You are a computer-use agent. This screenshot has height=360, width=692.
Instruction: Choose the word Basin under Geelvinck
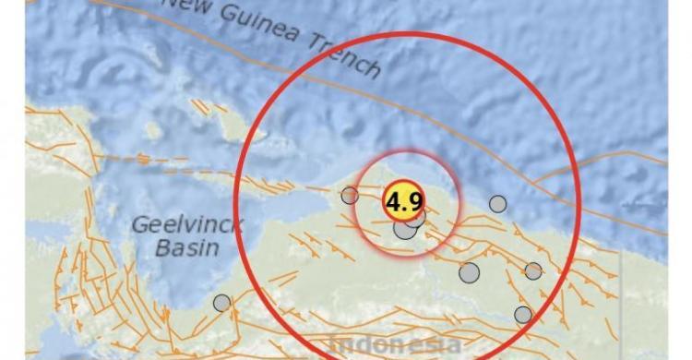[186, 247]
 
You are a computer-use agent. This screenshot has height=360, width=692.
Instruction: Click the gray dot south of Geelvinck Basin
[221, 302]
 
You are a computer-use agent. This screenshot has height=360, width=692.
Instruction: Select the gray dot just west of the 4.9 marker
[350, 195]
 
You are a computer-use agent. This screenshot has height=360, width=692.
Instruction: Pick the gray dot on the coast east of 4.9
[497, 204]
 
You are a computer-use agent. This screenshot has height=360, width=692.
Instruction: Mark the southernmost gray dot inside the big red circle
[523, 315]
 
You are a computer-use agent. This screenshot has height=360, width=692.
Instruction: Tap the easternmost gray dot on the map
[533, 270]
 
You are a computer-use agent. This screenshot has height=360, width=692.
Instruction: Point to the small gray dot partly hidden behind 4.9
[416, 219]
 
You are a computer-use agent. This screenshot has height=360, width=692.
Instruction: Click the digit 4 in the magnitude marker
[393, 201]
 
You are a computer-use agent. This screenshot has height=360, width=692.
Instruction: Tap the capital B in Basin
[163, 247]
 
